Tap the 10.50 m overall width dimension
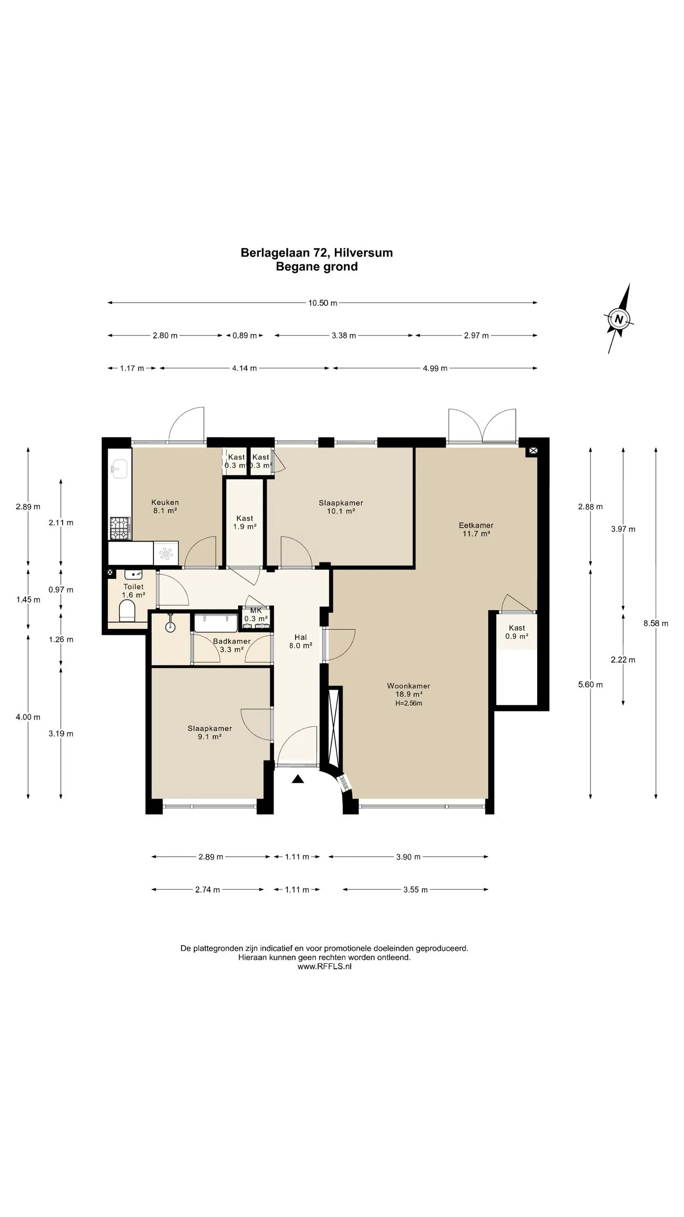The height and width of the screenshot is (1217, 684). click(x=323, y=303)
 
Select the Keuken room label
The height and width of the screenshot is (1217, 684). click(x=165, y=502)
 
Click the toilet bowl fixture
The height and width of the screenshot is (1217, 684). click(x=127, y=611)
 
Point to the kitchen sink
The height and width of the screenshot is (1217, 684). click(x=119, y=468)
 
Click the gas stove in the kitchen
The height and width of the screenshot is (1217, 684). click(x=120, y=529)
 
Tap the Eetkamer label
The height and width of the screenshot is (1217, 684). click(x=476, y=525)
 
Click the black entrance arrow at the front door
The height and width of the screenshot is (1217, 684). click(x=298, y=779)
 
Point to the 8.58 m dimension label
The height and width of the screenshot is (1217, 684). click(x=656, y=623)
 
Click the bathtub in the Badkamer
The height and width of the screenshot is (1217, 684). click(x=216, y=623)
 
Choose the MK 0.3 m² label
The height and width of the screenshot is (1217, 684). click(x=256, y=614)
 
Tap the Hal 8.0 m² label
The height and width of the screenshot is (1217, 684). click(x=301, y=641)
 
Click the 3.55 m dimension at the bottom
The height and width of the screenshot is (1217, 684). click(x=416, y=889)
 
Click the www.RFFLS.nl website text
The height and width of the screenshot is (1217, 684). click(x=324, y=966)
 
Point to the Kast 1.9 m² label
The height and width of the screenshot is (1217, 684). click(x=245, y=522)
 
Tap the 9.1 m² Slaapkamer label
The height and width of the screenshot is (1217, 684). click(x=209, y=733)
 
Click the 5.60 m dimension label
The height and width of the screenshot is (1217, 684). click(x=590, y=685)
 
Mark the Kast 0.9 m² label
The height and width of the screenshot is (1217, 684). click(x=517, y=632)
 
